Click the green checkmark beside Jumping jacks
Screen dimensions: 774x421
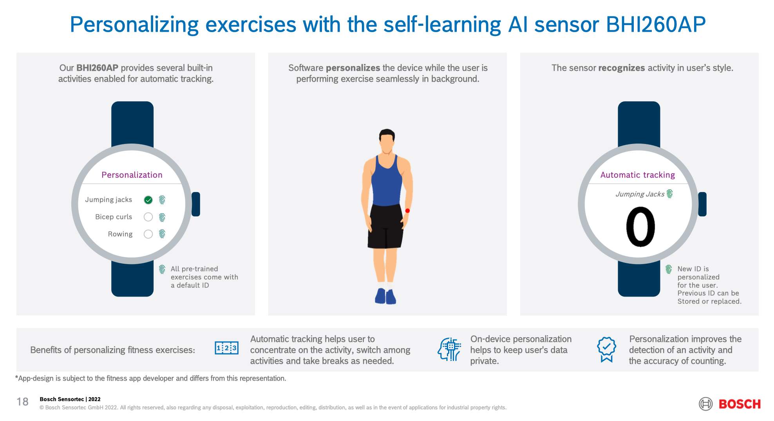coord(148,200)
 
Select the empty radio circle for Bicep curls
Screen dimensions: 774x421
coord(148,217)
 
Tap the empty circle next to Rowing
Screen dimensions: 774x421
coord(148,234)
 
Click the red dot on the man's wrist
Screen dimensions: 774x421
coord(407,210)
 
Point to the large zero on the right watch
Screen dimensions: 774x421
coord(640,227)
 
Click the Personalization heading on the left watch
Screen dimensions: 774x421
coord(132,175)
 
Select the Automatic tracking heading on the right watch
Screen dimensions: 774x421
coord(638,175)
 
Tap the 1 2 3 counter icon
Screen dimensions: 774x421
coord(226,348)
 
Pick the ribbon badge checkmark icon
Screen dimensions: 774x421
coord(606,349)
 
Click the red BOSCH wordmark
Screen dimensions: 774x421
coord(740,404)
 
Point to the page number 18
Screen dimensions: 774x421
coord(22,402)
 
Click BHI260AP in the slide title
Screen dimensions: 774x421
coord(656,24)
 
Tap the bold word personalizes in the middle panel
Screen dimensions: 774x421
coord(353,68)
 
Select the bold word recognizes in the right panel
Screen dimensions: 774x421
coord(622,68)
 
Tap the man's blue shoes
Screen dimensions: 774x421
coord(385,296)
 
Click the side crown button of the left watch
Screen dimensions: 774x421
coord(196,204)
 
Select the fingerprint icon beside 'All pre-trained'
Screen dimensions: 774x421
coord(162,269)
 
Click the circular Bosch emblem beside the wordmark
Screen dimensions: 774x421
coord(706,404)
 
